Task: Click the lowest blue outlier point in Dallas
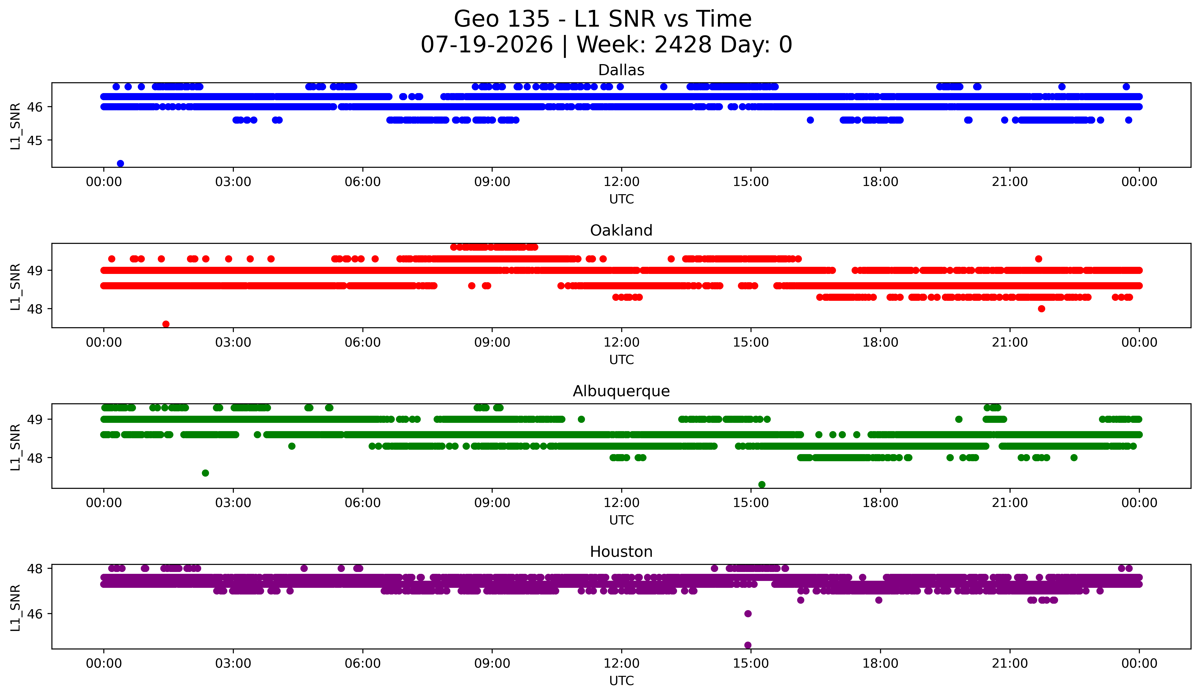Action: coord(121,163)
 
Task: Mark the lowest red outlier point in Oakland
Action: coord(166,324)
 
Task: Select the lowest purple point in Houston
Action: coord(748,645)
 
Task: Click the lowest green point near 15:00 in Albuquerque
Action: coord(761,484)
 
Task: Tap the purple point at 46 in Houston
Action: coord(748,614)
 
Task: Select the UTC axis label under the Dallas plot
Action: coord(621,199)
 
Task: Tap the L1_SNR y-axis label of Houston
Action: coord(15,607)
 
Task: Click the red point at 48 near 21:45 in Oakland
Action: coord(1042,309)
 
